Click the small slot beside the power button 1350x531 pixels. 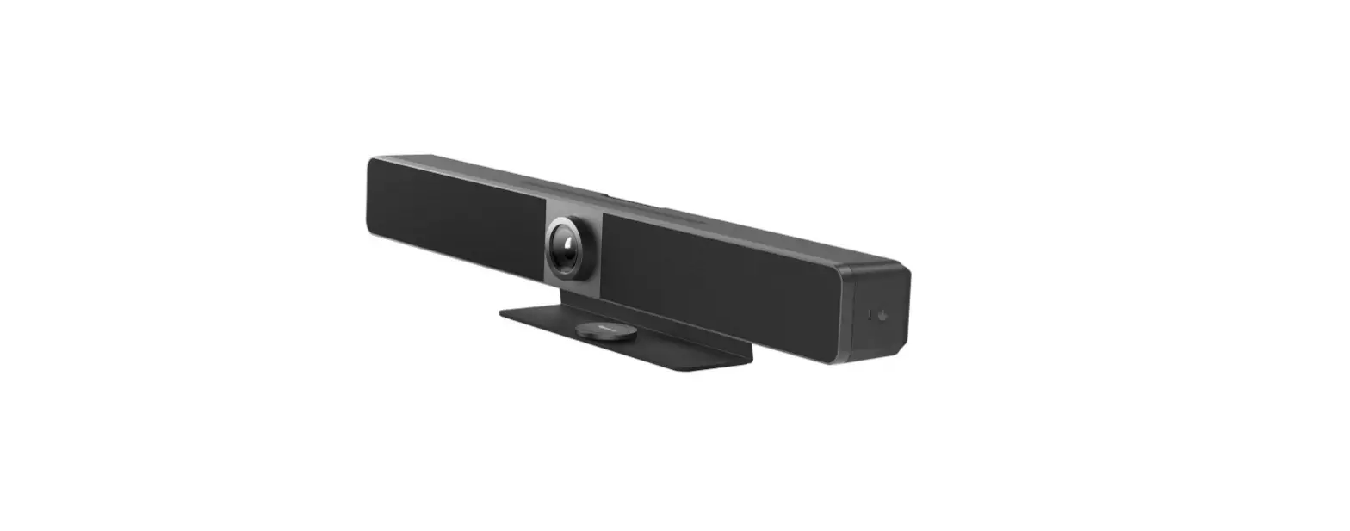[869, 314]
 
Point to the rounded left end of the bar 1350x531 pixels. [369, 194]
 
